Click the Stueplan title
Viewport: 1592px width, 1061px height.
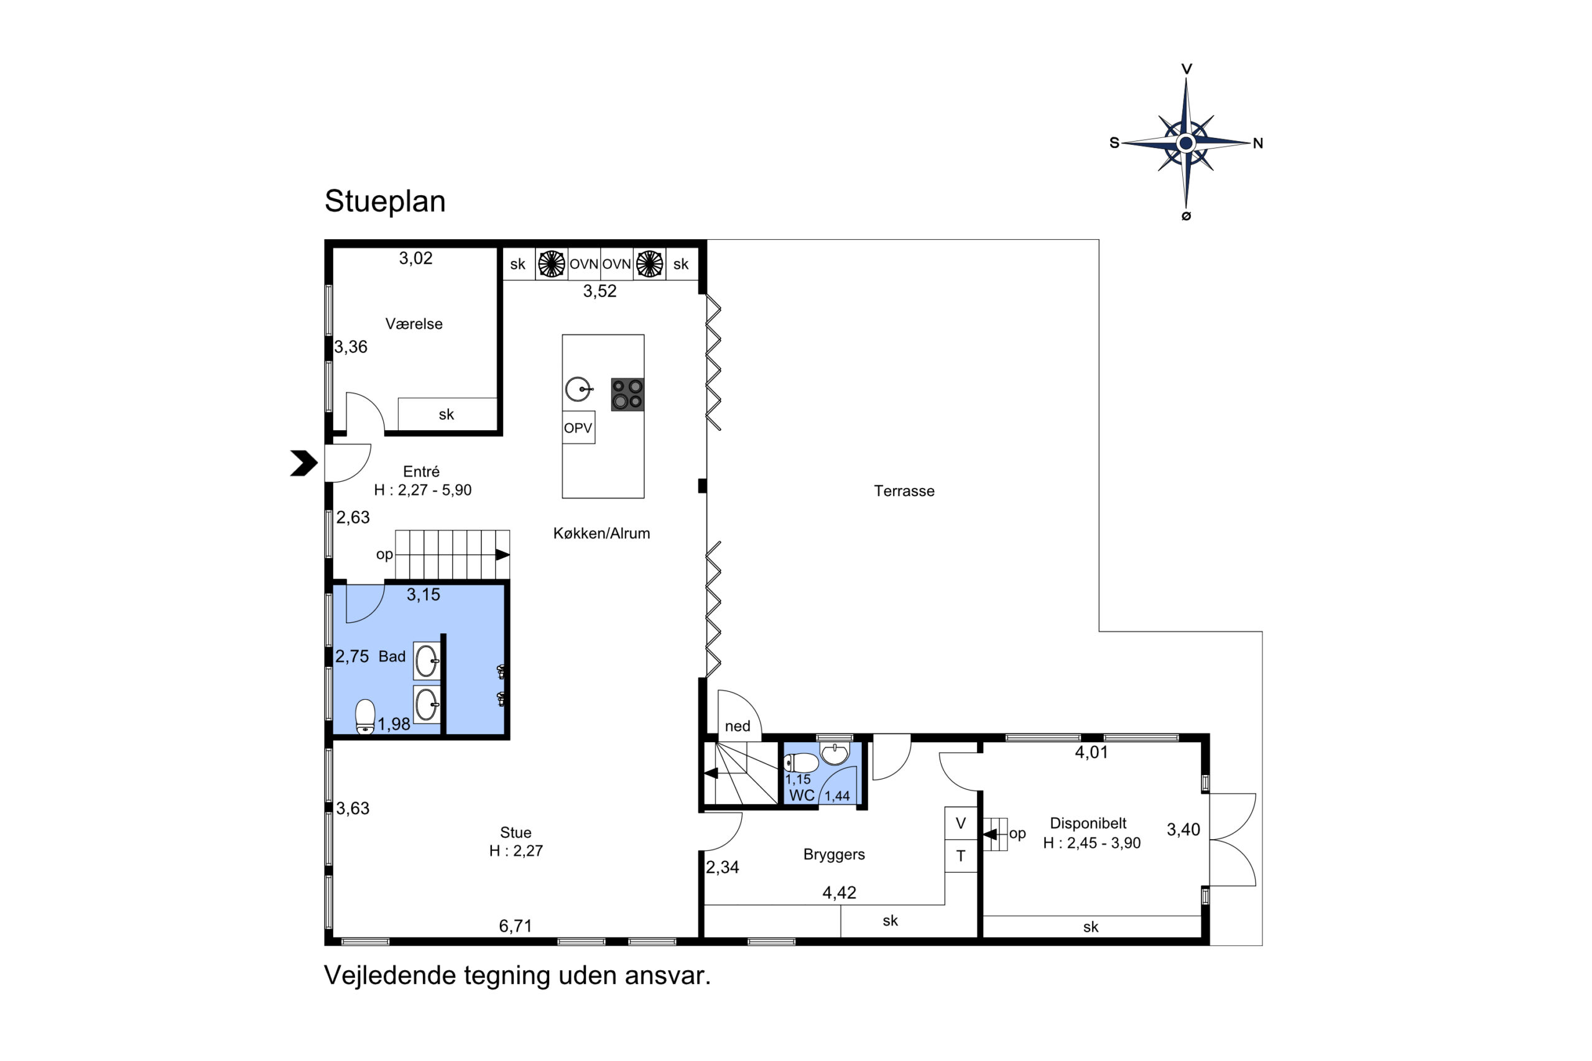point(384,201)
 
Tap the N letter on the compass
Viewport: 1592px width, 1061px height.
point(1257,144)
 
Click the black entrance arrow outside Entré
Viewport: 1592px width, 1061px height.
point(304,464)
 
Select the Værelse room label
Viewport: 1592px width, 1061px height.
point(414,324)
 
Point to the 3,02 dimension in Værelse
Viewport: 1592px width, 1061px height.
point(415,259)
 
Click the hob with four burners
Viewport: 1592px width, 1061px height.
point(627,395)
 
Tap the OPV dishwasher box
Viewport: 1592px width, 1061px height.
point(578,428)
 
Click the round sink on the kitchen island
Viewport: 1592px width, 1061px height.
point(579,389)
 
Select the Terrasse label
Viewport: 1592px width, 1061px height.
point(904,491)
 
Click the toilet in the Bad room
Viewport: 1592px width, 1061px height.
point(365,717)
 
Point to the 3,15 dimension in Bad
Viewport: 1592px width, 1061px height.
point(423,595)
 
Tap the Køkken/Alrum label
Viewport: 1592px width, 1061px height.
point(601,533)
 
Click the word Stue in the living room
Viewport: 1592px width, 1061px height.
point(515,833)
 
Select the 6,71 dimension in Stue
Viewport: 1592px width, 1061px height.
point(515,926)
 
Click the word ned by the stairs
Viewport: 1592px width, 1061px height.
point(737,727)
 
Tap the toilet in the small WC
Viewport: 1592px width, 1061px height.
point(802,763)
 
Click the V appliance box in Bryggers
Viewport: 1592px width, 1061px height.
point(960,824)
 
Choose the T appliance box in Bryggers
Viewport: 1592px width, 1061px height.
point(960,856)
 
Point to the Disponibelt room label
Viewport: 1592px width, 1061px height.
point(1088,824)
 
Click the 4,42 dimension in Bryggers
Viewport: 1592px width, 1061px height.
point(840,893)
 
